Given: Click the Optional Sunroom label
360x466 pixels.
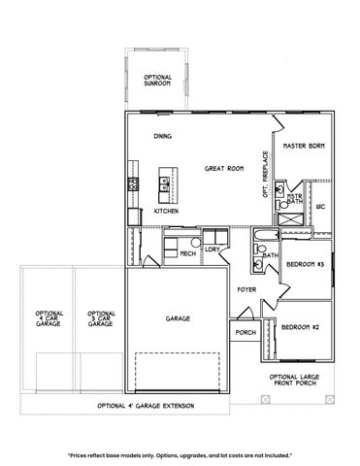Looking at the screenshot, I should (x=157, y=82).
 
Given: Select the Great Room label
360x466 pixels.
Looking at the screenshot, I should (x=223, y=168).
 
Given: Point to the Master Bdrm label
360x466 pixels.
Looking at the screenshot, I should (x=303, y=146).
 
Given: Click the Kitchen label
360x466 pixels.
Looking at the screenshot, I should (x=165, y=211).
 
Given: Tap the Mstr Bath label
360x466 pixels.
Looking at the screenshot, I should (x=294, y=198).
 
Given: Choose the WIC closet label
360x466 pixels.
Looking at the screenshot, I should (x=320, y=206).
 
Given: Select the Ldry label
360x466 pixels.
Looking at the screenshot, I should (x=212, y=250).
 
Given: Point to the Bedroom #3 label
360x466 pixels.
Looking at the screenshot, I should (x=307, y=262).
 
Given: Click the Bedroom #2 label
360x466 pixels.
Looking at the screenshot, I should (x=301, y=327).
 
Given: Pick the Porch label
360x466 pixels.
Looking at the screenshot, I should (x=245, y=333).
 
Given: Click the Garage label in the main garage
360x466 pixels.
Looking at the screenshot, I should (x=178, y=318).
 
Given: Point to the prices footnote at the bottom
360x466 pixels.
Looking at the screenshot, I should (x=180, y=453).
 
